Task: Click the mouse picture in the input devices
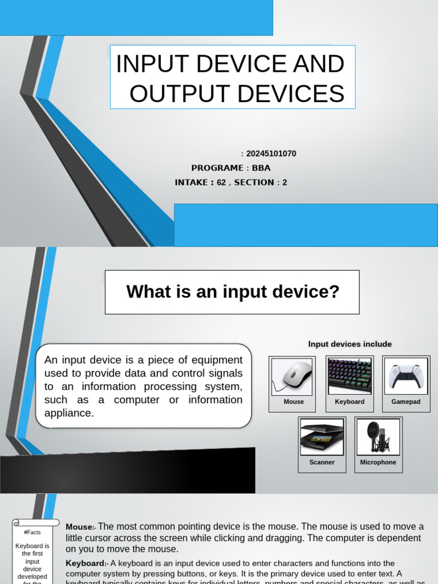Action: coord(291,376)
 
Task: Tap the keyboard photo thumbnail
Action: coord(350,376)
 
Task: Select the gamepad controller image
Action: coord(406,376)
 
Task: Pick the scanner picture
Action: coord(322,437)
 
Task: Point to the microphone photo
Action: coord(378,437)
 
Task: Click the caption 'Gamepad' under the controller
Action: coord(406,402)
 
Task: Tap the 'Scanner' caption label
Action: coord(322,463)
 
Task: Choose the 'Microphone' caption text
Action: coord(378,463)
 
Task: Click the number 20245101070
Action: coord(271,154)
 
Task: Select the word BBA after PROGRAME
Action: coord(261,168)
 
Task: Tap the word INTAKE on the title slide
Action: coord(192,182)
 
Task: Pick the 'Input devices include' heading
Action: coord(350,344)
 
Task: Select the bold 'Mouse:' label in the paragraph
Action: coord(80,527)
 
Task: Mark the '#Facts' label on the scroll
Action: coord(32,533)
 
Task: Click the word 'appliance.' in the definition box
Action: coord(69,413)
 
